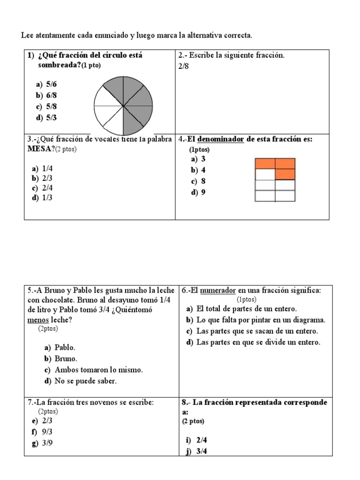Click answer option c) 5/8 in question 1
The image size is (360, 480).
(x=46, y=106)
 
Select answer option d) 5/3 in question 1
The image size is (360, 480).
(x=46, y=118)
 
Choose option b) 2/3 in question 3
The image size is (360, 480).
(x=42, y=178)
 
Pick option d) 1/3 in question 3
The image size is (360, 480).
(x=42, y=198)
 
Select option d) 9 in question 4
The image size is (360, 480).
(x=199, y=192)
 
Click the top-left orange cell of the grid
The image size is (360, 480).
(x=265, y=164)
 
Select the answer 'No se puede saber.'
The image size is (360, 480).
(x=81, y=381)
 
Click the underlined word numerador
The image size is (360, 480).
(x=217, y=291)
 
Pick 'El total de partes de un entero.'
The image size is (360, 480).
(x=247, y=309)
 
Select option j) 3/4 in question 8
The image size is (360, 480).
(x=197, y=451)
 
